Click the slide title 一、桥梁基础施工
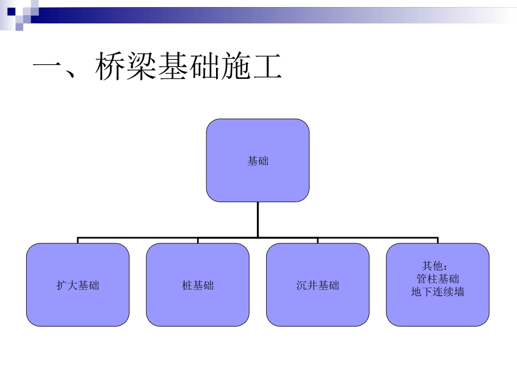157,67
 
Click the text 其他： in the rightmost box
435,266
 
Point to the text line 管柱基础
438,279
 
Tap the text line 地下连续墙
438,292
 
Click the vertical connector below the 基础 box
257,219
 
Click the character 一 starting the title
48,67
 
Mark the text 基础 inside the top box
258,161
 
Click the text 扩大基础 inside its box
78,285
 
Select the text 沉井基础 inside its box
318,285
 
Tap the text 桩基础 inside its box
198,285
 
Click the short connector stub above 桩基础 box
198,240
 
